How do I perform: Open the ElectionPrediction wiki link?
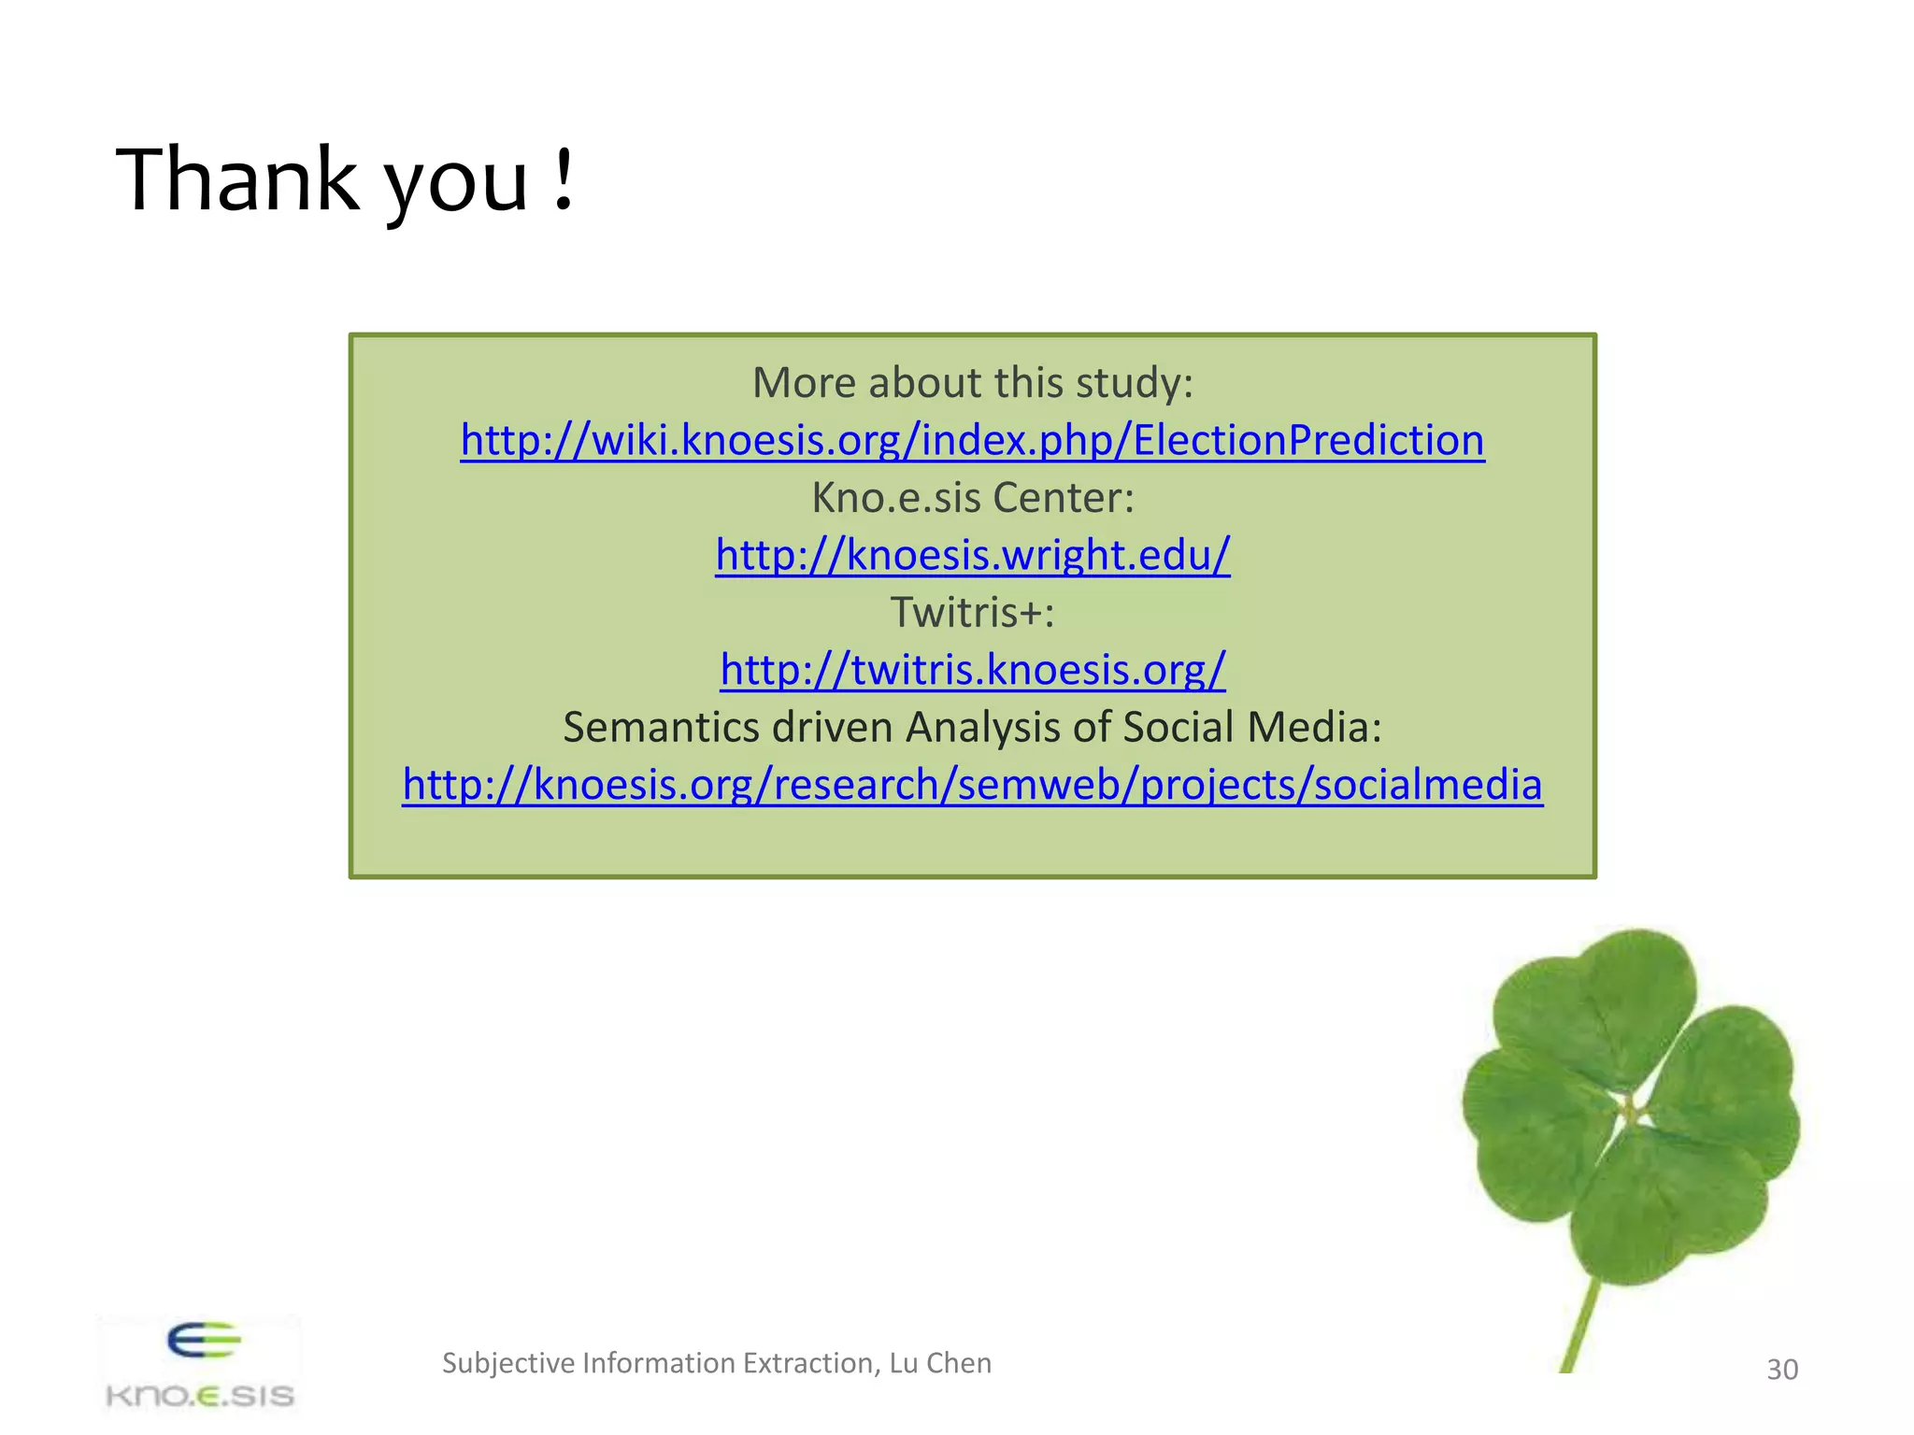point(972,440)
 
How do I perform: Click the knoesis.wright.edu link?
point(972,555)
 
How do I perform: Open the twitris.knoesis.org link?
point(972,670)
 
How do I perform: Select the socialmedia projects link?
point(972,785)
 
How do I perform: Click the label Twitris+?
point(972,613)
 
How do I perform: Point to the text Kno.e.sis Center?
point(972,498)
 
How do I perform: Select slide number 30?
point(1781,1370)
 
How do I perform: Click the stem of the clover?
point(1579,1327)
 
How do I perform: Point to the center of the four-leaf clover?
point(1631,1112)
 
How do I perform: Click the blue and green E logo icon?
point(204,1342)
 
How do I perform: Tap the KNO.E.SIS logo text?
point(200,1397)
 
